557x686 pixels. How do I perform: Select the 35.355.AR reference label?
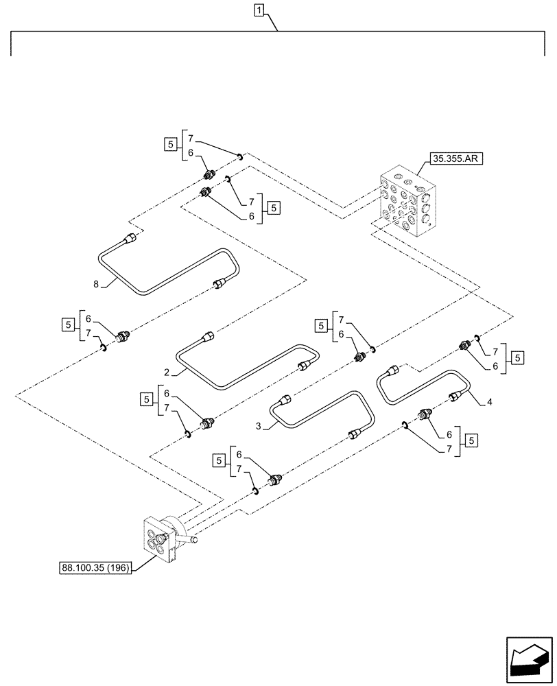(x=455, y=159)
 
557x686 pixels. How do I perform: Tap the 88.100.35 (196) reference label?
(x=97, y=568)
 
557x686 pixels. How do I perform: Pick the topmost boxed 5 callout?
(x=169, y=145)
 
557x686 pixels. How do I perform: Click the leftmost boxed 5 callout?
(x=67, y=324)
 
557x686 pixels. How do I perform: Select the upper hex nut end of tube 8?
(x=130, y=238)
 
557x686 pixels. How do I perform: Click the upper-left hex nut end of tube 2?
(x=209, y=336)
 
